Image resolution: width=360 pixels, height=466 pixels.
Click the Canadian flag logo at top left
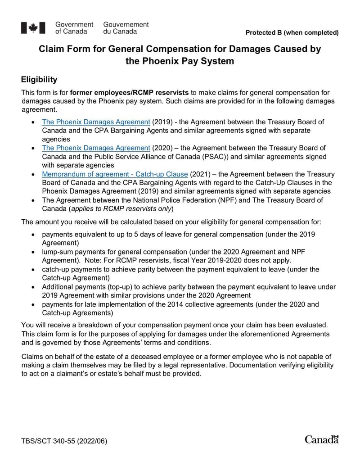click(33, 28)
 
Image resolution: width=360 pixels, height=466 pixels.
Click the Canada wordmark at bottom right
click(321, 439)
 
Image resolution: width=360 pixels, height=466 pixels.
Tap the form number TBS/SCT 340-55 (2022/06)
click(64, 441)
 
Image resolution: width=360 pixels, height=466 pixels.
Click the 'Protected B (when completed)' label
click(292, 32)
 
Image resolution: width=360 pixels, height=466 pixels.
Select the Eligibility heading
click(39, 80)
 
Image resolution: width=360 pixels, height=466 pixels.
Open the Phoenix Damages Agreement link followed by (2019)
click(96, 122)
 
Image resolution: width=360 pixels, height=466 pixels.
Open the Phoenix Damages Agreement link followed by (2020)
click(96, 148)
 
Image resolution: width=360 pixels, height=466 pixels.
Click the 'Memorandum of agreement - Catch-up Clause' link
click(115, 174)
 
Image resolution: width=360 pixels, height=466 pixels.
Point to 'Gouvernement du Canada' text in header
click(126, 28)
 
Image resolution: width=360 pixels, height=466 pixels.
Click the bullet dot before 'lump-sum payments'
click(33, 252)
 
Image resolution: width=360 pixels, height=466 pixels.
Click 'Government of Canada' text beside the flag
click(74, 28)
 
